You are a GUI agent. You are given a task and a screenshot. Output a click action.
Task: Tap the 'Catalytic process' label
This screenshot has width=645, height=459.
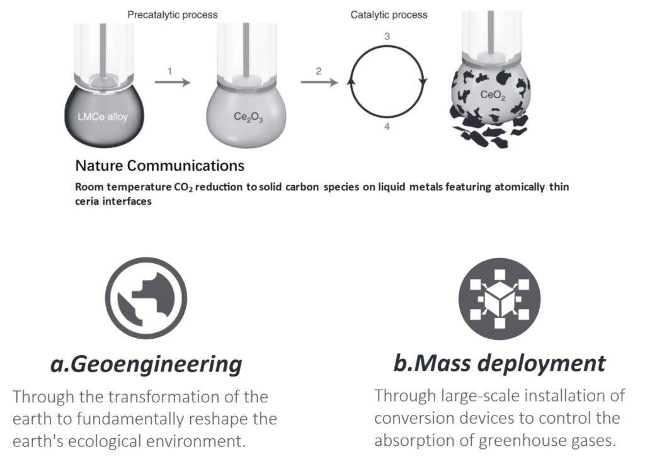[x=389, y=14]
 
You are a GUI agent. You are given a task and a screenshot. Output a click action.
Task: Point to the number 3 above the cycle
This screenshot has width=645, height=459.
[x=387, y=37]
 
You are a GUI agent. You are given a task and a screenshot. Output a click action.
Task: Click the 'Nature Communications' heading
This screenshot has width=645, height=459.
[x=159, y=166]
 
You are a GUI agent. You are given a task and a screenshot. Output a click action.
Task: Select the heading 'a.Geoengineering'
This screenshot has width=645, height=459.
[x=146, y=364]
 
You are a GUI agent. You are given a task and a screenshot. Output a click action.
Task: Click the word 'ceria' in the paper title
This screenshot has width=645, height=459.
[x=87, y=201]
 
